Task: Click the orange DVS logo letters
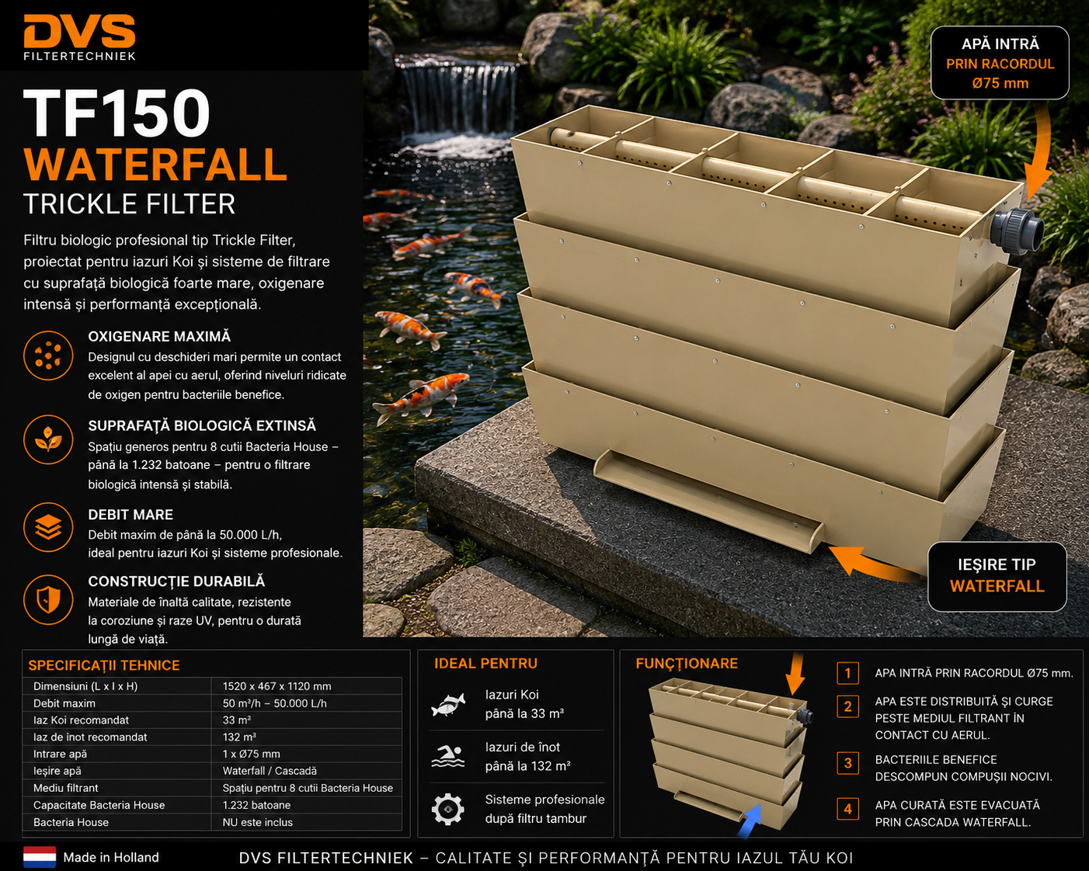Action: [x=79, y=31]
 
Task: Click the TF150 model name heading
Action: [x=117, y=113]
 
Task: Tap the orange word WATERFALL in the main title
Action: [x=155, y=165]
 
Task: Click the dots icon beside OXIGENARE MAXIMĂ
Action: [x=48, y=355]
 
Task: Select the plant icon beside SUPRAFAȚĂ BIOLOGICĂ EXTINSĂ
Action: [x=48, y=439]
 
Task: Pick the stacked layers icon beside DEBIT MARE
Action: [x=48, y=527]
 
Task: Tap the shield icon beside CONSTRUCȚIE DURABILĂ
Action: [x=48, y=600]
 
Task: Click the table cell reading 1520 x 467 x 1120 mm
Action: [x=277, y=686]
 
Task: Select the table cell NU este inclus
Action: [x=258, y=822]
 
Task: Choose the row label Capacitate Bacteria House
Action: [x=99, y=805]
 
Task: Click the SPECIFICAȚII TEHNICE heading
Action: [x=104, y=665]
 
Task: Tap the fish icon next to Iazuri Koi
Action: [x=448, y=705]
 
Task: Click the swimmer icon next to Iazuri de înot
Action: [x=448, y=757]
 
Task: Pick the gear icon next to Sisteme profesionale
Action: [x=448, y=810]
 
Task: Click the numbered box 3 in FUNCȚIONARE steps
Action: [x=847, y=763]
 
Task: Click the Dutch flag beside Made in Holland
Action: [x=40, y=857]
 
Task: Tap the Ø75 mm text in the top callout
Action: [x=1000, y=84]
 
